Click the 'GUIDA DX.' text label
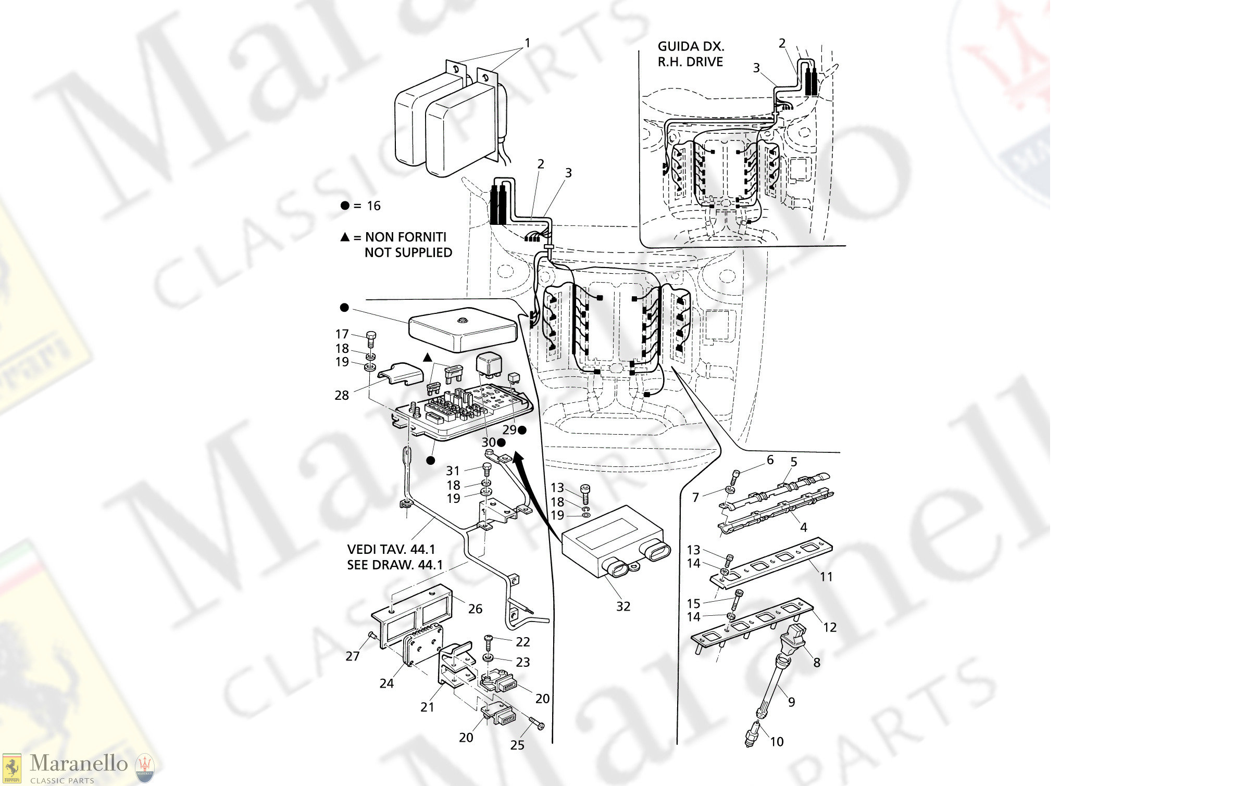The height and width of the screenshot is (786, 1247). click(x=690, y=46)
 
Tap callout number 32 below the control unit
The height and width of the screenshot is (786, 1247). click(x=623, y=606)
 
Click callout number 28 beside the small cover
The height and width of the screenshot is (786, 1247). click(x=342, y=396)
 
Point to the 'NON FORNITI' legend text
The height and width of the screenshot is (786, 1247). click(x=405, y=237)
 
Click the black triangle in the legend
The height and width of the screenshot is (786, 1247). click(x=345, y=237)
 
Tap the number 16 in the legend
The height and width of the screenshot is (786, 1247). click(x=373, y=206)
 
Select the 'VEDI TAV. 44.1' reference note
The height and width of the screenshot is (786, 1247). click(x=391, y=549)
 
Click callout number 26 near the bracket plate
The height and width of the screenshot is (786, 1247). click(x=475, y=608)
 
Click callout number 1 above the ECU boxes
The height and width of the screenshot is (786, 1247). click(x=527, y=43)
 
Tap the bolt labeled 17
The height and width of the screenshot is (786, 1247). click(x=371, y=339)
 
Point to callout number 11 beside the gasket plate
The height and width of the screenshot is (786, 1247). click(x=826, y=577)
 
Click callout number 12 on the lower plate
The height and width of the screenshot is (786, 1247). click(x=829, y=627)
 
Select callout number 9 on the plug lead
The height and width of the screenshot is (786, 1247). click(x=791, y=702)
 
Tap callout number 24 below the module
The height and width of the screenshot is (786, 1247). click(x=386, y=683)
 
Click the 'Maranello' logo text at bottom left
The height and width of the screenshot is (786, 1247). click(x=79, y=764)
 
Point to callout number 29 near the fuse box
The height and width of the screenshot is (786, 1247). click(x=509, y=430)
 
